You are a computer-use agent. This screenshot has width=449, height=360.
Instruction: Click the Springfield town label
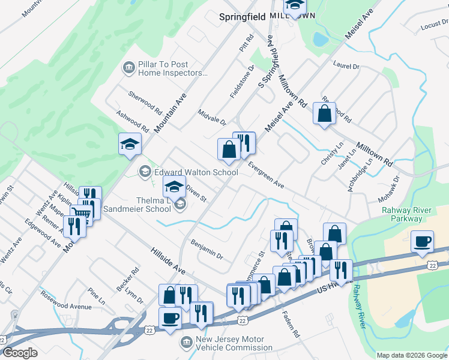(x=242, y=17)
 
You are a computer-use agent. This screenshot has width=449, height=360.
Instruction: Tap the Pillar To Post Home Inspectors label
(x=163, y=69)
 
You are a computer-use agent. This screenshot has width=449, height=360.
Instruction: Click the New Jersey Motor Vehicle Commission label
(x=234, y=343)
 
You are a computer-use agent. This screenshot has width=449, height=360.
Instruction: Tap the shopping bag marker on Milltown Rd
(x=324, y=113)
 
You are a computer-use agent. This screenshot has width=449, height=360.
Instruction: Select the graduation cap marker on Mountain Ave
(x=130, y=144)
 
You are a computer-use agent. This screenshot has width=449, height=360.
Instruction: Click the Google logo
(x=20, y=353)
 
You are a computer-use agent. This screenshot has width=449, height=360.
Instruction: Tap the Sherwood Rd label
(x=145, y=103)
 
